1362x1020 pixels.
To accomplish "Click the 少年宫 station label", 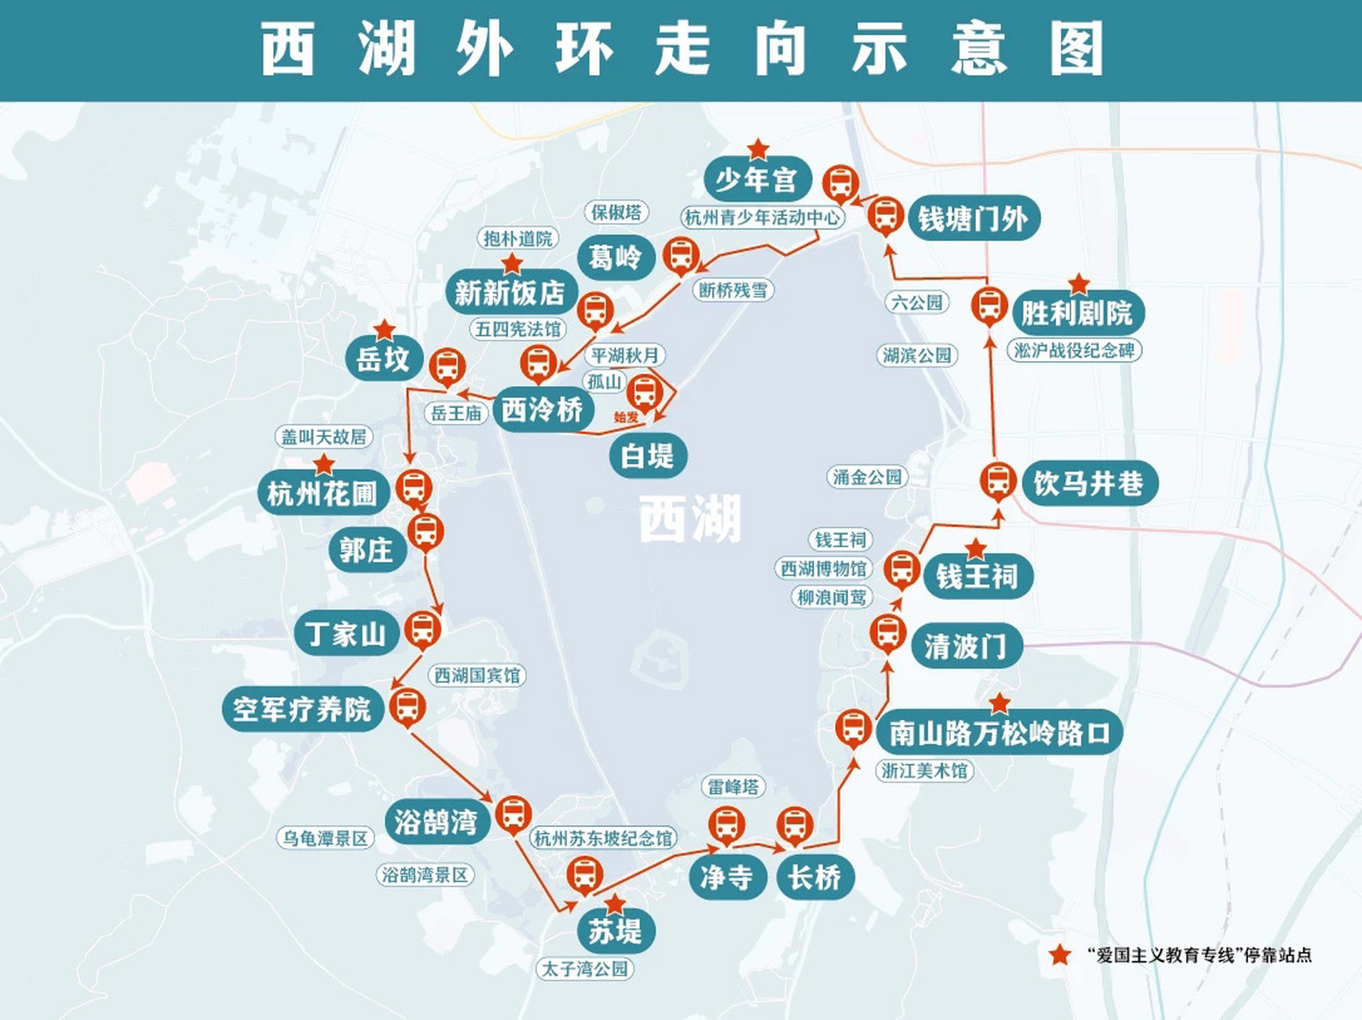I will pyautogui.click(x=756, y=180).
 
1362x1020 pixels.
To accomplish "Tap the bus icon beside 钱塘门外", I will pyautogui.click(x=884, y=214).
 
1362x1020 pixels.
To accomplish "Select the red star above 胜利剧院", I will pyautogui.click(x=1078, y=284).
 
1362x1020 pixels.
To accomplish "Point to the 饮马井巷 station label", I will pyautogui.click(x=1088, y=483).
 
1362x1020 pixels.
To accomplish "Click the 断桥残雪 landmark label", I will pyautogui.click(x=733, y=290).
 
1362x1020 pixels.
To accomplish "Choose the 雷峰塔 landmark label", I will pyautogui.click(x=733, y=787).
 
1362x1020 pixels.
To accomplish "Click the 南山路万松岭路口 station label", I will pyautogui.click(x=999, y=732).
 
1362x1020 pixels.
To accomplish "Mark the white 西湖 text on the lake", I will pyautogui.click(x=690, y=519).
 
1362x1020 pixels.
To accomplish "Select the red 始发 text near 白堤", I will pyautogui.click(x=626, y=417).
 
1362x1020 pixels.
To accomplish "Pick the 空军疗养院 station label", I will pyautogui.click(x=302, y=708).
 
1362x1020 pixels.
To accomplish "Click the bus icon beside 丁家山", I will pyautogui.click(x=422, y=629).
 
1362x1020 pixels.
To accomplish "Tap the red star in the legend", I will pyautogui.click(x=1059, y=955).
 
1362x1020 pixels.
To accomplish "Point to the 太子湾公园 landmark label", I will pyautogui.click(x=585, y=969).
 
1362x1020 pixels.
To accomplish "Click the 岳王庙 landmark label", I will pyautogui.click(x=456, y=413).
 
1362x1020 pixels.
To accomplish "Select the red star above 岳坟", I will pyautogui.click(x=385, y=329).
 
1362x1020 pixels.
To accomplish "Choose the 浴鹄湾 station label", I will pyautogui.click(x=436, y=822).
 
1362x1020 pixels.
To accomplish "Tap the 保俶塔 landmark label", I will pyautogui.click(x=616, y=212).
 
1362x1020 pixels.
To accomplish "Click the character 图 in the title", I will pyautogui.click(x=1077, y=49).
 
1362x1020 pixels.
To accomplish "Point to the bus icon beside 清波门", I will pyautogui.click(x=887, y=632).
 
